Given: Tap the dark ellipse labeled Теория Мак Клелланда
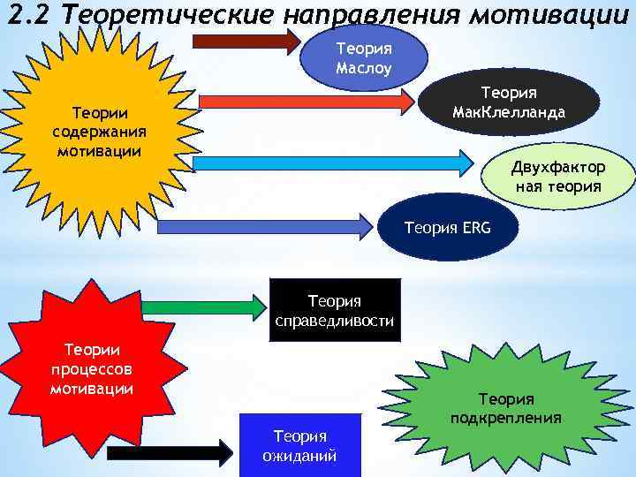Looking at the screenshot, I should [x=509, y=104].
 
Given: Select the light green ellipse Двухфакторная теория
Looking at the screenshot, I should [x=558, y=177].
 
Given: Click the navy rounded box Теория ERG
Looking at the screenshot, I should [x=446, y=229].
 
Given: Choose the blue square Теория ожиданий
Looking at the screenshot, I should [x=300, y=445].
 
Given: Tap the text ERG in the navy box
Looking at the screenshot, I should [x=474, y=229].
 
